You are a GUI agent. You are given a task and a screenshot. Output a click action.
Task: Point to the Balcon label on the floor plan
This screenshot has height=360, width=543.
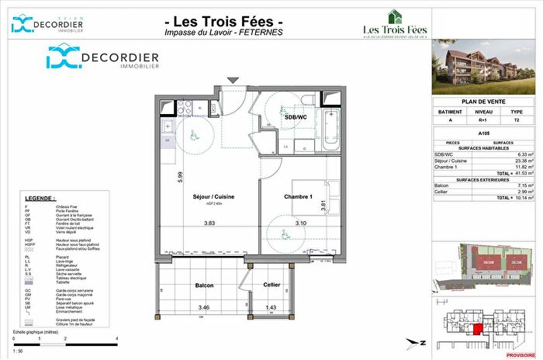click(x=203, y=286)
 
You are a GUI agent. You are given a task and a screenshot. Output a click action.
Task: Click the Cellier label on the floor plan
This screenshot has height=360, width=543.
click(x=271, y=286)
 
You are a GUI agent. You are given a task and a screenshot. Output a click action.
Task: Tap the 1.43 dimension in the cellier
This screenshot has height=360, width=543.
click(x=271, y=308)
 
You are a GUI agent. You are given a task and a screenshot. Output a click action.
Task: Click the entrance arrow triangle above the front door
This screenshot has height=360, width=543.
click(x=232, y=79)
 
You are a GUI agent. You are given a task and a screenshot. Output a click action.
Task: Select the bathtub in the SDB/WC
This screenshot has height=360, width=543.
click(x=333, y=129)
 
